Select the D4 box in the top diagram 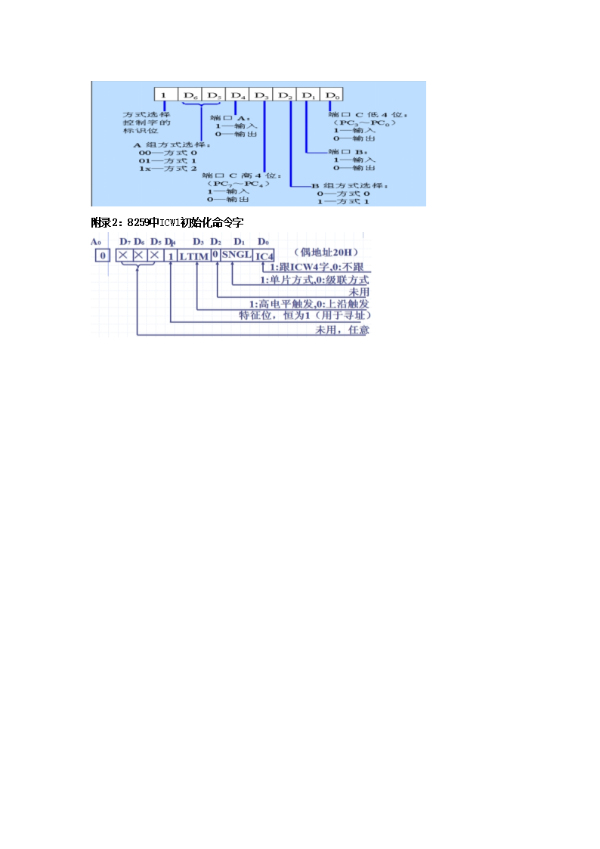pyautogui.click(x=238, y=95)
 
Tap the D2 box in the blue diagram pyautogui.click(x=286, y=95)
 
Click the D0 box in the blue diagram pyautogui.click(x=332, y=95)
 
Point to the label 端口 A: pyautogui.click(x=228, y=118)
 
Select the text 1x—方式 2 pyautogui.click(x=168, y=168)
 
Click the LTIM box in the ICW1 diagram pyautogui.click(x=195, y=256)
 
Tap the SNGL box pyautogui.click(x=237, y=255)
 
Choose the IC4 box pyautogui.click(x=264, y=256)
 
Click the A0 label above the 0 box pyautogui.click(x=96, y=242)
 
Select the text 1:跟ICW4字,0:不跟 pyautogui.click(x=314, y=268)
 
